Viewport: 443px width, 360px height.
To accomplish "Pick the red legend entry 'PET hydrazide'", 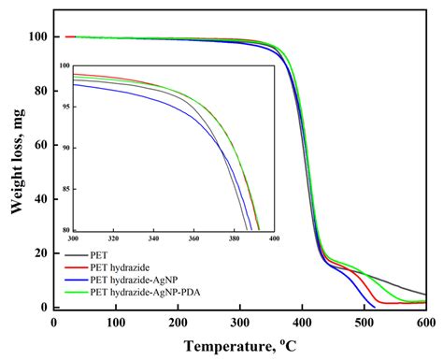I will click(117, 266).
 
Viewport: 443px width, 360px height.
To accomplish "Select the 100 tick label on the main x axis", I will click(116, 322).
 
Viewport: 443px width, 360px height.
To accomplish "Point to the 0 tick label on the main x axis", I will click(54, 322).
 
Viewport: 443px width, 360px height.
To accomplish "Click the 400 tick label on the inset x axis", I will click(274, 238).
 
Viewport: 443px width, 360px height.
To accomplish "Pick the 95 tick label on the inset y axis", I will click(64, 108).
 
